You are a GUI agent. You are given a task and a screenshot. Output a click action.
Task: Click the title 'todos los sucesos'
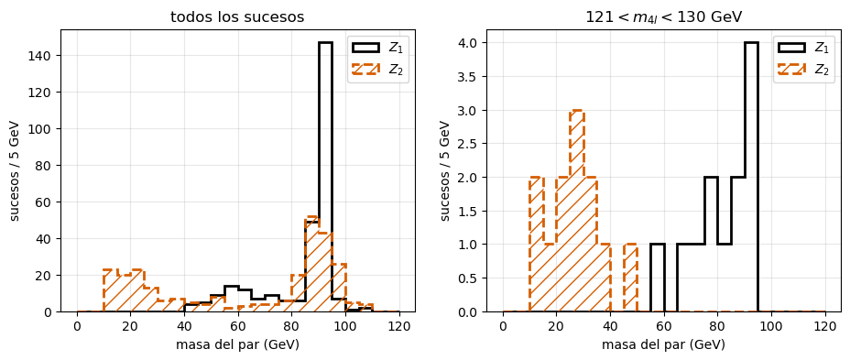click(237, 16)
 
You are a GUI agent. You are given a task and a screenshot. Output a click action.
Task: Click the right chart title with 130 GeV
click(663, 17)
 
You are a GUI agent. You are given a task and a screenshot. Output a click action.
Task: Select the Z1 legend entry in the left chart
click(379, 47)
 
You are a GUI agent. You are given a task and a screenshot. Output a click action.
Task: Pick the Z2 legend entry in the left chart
click(379, 70)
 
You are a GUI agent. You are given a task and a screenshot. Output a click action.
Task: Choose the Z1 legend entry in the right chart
click(805, 47)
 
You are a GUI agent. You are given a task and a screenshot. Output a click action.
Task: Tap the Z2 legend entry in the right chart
click(805, 70)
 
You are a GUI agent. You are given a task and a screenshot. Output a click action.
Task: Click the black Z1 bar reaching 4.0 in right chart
click(751, 177)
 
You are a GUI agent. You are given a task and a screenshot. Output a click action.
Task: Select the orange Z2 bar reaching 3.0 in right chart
click(577, 211)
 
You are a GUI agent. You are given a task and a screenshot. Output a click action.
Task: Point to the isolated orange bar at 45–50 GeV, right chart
click(630, 278)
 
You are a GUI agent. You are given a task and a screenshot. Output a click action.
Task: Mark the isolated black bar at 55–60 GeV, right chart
click(658, 278)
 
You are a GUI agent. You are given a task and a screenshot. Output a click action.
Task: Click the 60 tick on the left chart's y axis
click(49, 202)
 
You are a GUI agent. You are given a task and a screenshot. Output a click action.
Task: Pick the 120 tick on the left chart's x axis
click(399, 326)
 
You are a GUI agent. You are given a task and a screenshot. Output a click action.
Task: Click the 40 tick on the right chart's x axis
click(610, 326)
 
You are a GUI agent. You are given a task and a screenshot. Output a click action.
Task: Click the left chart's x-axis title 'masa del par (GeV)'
click(238, 344)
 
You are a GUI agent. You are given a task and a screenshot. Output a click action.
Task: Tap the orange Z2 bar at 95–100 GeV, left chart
click(339, 288)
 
